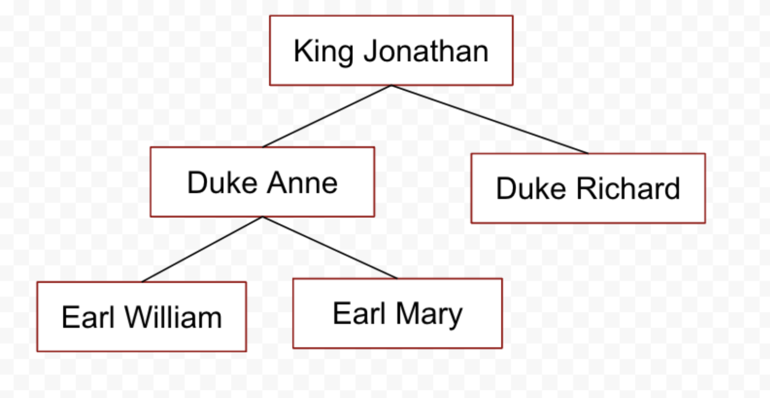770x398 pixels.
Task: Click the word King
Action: tap(323, 52)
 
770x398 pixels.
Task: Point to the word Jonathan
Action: tap(426, 51)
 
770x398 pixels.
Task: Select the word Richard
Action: tap(628, 188)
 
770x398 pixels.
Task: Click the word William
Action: tap(174, 317)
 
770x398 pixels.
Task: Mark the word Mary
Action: tap(429, 314)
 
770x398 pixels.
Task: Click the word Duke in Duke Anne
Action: tap(222, 183)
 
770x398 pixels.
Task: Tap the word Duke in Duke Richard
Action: tap(531, 188)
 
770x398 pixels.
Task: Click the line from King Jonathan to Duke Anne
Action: tap(327, 116)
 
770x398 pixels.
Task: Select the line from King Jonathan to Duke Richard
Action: tap(490, 119)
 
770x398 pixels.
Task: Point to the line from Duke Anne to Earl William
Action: tap(202, 249)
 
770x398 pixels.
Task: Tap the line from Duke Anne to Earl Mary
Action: tap(330, 247)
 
